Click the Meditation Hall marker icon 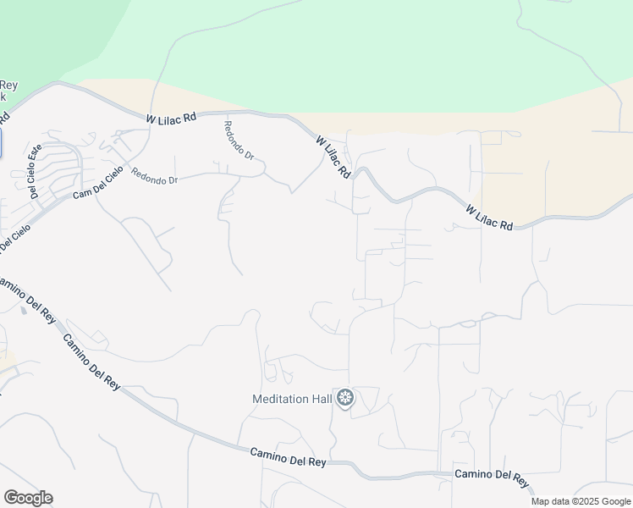click(x=345, y=397)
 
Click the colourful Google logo click(x=28, y=498)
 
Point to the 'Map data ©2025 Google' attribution click(x=581, y=501)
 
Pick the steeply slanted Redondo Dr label click(x=239, y=141)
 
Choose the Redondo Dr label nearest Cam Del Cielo click(x=154, y=180)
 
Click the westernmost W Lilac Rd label click(x=171, y=118)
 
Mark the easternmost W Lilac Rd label click(x=489, y=217)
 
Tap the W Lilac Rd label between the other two click(x=333, y=157)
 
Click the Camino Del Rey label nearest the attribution click(x=493, y=478)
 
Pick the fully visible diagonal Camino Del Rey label click(x=91, y=359)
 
